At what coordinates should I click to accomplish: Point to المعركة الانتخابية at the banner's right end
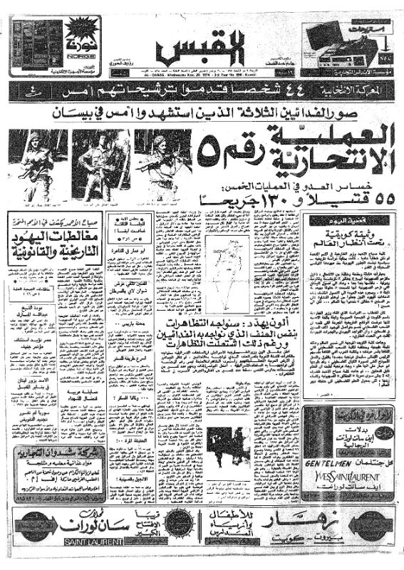(x=363, y=91)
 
